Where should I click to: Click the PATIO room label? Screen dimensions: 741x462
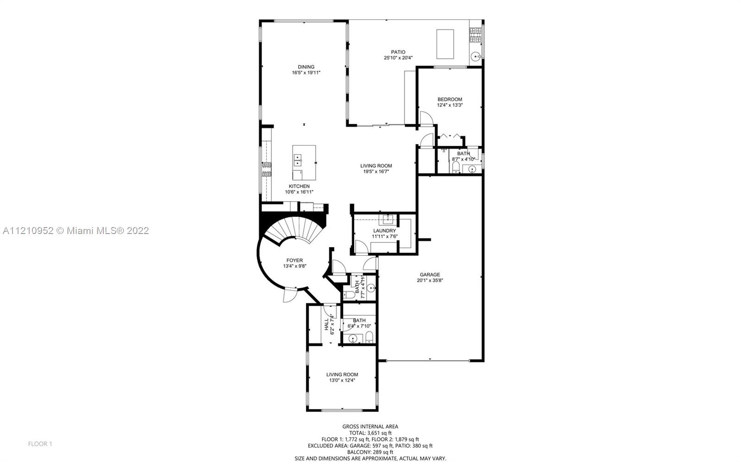click(x=398, y=52)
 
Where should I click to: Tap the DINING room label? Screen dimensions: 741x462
click(x=306, y=67)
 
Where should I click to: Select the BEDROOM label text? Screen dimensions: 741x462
click(x=450, y=99)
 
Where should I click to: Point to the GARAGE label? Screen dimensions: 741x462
click(x=430, y=275)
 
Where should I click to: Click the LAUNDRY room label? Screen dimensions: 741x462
click(x=384, y=231)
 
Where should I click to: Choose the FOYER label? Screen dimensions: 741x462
click(x=295, y=260)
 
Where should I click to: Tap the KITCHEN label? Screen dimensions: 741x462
click(x=299, y=186)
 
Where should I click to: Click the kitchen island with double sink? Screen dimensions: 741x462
click(x=304, y=162)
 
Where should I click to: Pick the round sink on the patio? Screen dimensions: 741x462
click(x=476, y=57)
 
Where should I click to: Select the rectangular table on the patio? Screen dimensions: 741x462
click(x=445, y=44)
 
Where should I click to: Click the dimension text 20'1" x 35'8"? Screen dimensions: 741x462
click(x=430, y=281)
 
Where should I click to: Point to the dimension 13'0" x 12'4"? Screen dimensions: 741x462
click(x=342, y=381)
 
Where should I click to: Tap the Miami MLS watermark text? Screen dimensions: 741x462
click(x=76, y=230)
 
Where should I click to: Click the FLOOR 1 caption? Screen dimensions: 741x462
click(x=40, y=444)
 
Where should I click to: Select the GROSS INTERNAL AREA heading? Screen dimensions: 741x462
click(x=370, y=427)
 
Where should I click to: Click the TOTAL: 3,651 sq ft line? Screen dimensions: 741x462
click(x=370, y=433)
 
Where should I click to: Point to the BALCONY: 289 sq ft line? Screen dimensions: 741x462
click(x=370, y=452)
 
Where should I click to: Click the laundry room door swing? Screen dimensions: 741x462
click(x=361, y=246)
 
